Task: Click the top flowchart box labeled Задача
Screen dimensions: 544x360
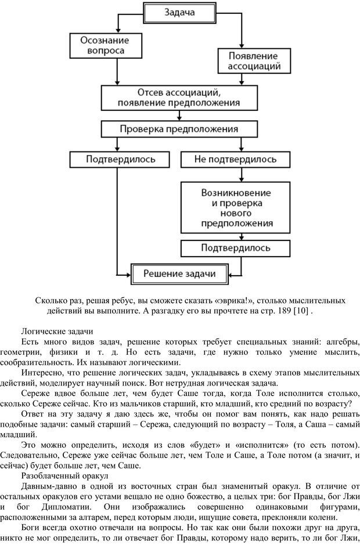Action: click(179, 12)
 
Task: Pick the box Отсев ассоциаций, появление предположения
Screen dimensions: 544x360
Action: click(179, 98)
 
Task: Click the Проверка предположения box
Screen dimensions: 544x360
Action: click(179, 129)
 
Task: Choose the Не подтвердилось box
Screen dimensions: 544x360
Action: click(235, 158)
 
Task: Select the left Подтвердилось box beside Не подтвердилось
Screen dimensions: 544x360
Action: click(120, 158)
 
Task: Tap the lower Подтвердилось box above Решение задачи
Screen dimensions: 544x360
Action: click(235, 248)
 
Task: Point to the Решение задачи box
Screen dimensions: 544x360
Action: click(179, 273)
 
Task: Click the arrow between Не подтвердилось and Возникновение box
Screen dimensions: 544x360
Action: click(235, 175)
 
